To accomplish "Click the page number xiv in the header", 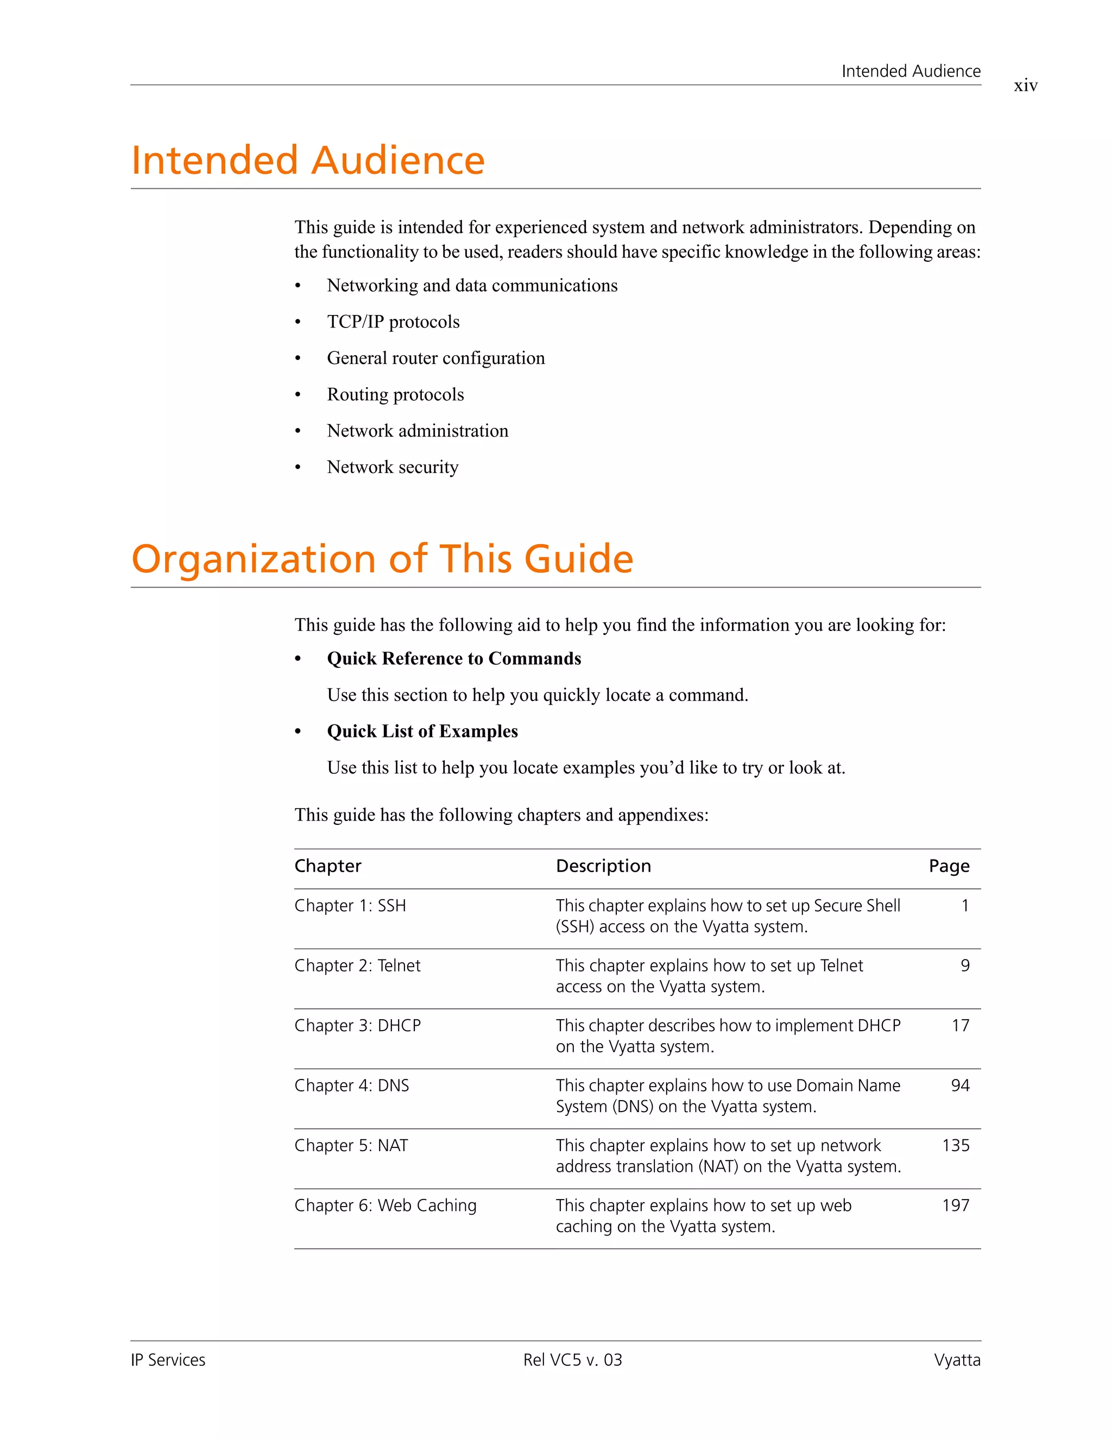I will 1025,86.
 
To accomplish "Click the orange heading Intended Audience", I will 308,160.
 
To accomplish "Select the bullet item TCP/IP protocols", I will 393,321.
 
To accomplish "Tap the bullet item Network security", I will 392,467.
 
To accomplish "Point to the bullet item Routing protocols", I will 395,395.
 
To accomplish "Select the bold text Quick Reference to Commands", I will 453,659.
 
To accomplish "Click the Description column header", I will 603,866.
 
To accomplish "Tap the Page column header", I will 949,866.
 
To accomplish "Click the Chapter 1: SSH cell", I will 350,906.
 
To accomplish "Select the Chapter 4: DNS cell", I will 351,1086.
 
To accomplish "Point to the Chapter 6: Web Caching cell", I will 385,1206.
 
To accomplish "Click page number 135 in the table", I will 955,1146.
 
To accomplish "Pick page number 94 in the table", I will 960,1086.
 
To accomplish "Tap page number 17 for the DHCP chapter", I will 960,1026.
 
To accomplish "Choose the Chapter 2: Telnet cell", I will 357,966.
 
